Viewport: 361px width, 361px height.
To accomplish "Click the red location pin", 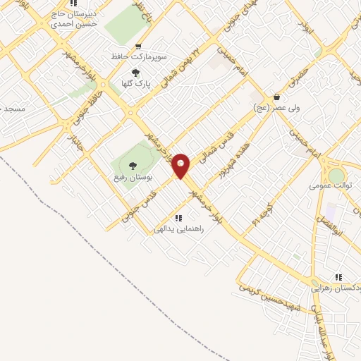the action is click(x=181, y=165).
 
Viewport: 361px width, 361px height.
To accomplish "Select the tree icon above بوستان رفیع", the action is click(x=133, y=165).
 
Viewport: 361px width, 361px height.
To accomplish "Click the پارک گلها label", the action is click(x=135, y=83).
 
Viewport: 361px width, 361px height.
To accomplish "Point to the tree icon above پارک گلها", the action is click(x=135, y=72).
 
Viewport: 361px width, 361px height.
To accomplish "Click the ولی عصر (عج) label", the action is click(x=277, y=108).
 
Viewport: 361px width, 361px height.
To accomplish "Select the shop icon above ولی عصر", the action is click(x=277, y=97).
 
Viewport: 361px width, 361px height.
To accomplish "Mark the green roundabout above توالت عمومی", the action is click(x=337, y=175).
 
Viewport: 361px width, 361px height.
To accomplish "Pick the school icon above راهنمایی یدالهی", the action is click(x=178, y=218).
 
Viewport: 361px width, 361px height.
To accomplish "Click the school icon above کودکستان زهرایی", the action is click(x=339, y=277).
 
